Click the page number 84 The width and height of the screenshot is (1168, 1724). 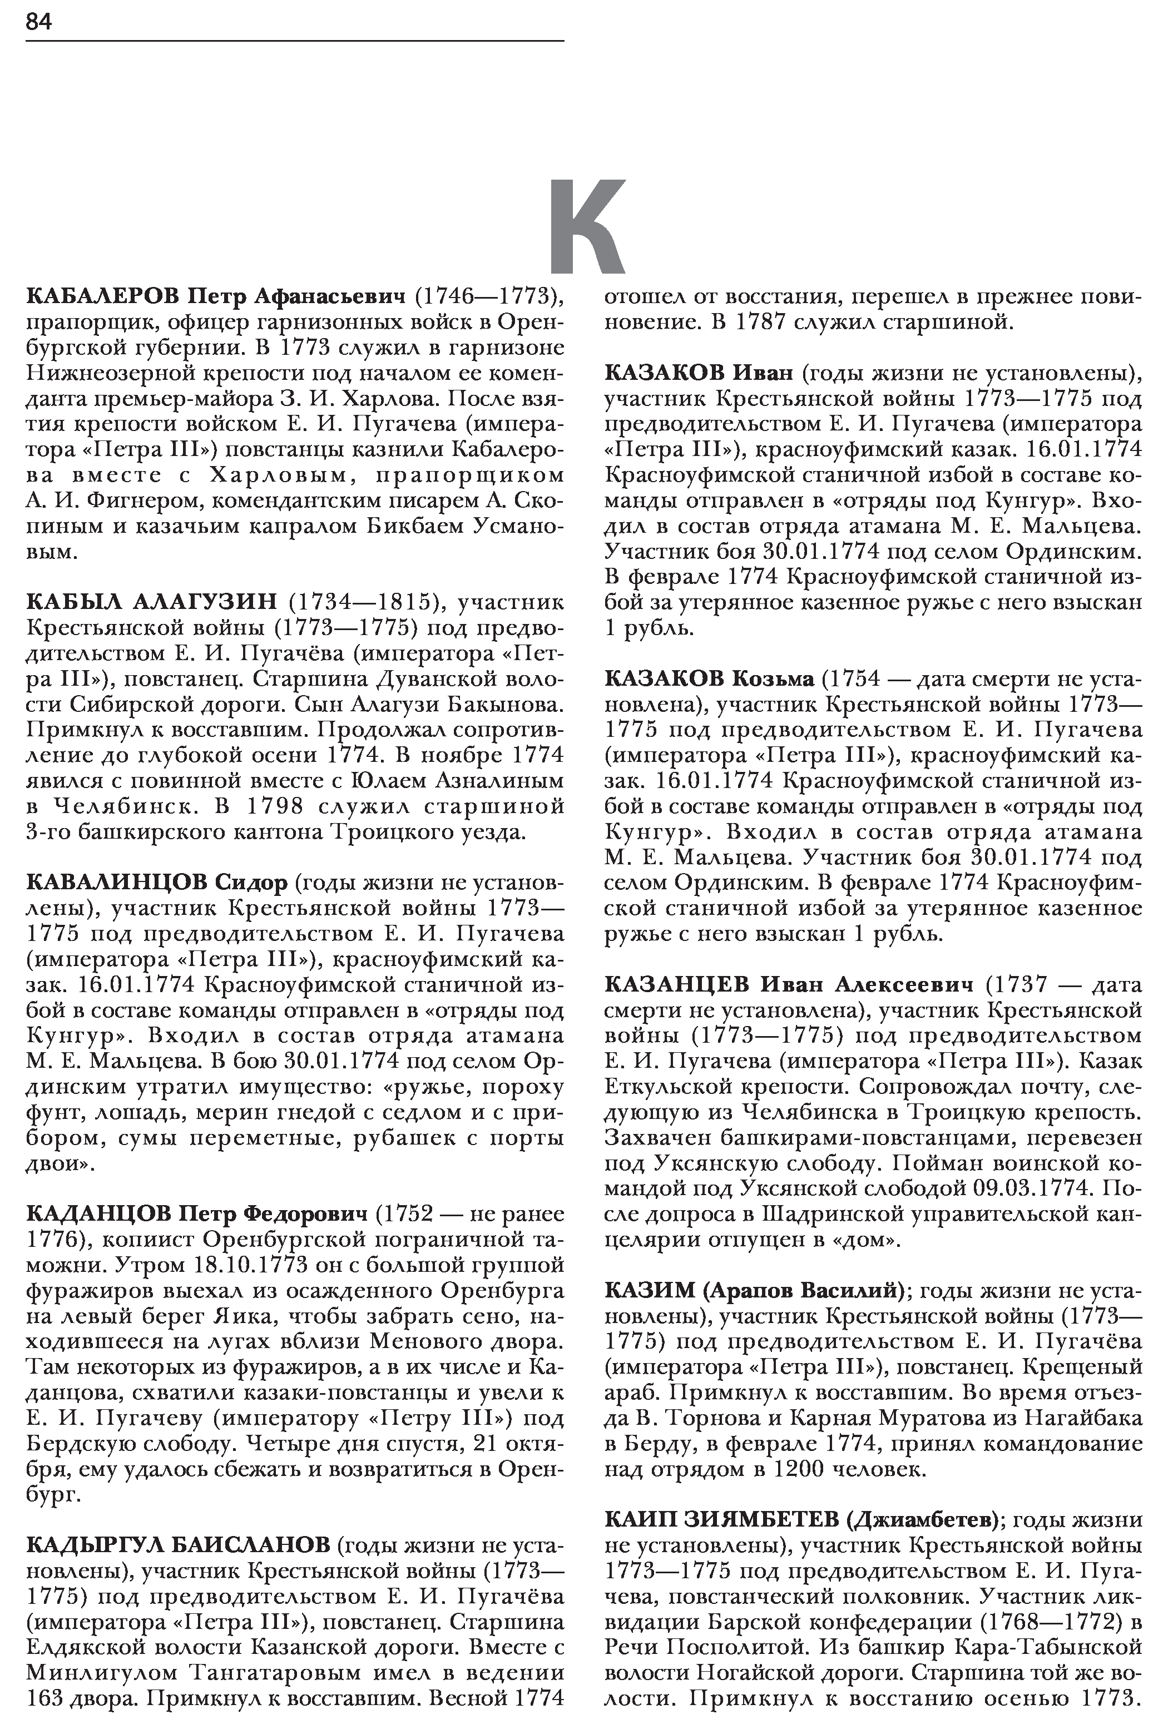coord(38,22)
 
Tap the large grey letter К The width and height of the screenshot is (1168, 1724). coord(587,226)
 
